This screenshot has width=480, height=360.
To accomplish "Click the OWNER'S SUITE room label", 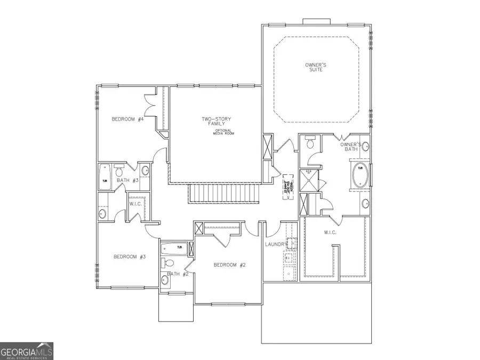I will (x=315, y=67).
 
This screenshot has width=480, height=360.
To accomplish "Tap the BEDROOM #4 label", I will (x=127, y=119).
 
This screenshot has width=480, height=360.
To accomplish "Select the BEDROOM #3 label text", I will (x=130, y=257).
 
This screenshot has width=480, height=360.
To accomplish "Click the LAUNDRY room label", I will (x=276, y=244).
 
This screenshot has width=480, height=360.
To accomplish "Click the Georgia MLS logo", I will (x=27, y=351).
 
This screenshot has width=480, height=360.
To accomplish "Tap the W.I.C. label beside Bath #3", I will (x=134, y=203).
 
